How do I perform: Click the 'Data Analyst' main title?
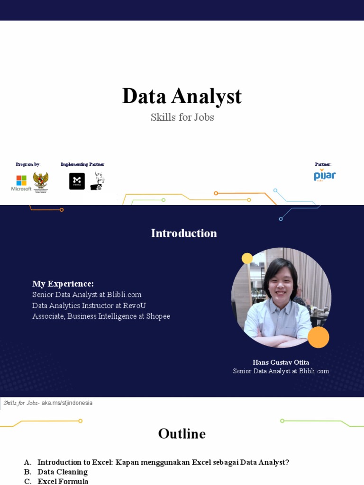[x=182, y=96]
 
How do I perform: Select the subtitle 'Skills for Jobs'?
[x=182, y=117]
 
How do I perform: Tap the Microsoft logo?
[x=21, y=182]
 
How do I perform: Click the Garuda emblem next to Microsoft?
[x=40, y=181]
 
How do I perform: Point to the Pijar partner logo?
[x=325, y=175]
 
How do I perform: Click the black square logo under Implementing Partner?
[x=77, y=181]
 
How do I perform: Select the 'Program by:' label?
[x=28, y=164]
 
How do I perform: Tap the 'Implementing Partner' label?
[x=82, y=164]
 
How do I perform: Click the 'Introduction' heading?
[x=184, y=233]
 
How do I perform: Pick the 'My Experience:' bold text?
[x=63, y=284]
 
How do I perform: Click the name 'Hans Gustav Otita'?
[x=281, y=362]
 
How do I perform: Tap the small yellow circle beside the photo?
[x=247, y=258]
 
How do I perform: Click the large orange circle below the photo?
[x=318, y=337]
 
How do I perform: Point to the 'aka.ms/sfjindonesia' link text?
[x=67, y=403]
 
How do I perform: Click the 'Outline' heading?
[x=182, y=434]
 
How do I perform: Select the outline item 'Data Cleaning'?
[x=63, y=472]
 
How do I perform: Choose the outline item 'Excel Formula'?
[x=63, y=481]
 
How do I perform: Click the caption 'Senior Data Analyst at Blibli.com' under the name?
[x=281, y=371]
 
